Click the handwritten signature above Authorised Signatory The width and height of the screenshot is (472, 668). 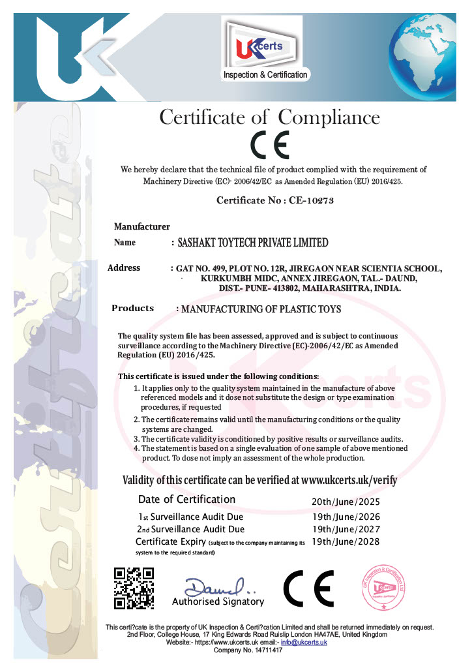(214, 584)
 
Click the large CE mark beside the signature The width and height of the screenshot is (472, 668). (308, 588)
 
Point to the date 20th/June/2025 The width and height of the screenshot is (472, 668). (346, 502)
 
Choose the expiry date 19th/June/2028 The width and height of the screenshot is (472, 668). (346, 541)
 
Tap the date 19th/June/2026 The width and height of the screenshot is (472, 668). (346, 517)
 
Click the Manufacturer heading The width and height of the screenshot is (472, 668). (142, 226)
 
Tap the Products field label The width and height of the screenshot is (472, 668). (132, 309)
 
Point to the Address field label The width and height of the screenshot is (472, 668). (124, 267)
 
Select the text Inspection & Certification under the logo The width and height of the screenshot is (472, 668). (265, 75)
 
